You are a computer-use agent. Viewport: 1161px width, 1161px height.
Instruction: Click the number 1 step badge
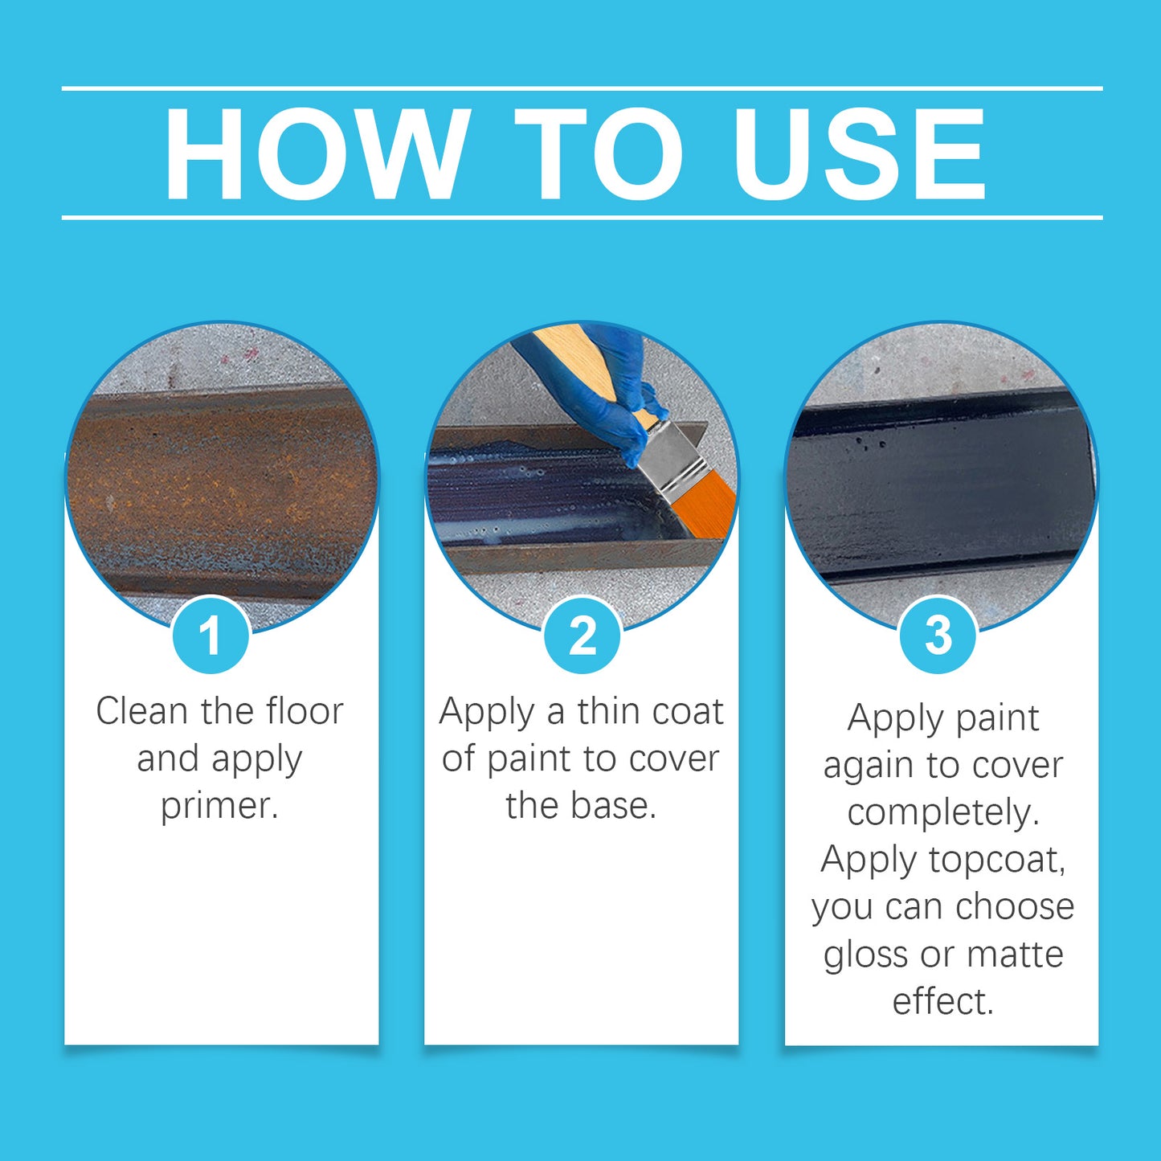211,636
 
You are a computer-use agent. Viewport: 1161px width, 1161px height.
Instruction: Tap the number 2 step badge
582,636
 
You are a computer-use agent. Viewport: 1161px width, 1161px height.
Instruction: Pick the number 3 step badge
938,636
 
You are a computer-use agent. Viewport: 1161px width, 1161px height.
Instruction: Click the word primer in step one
219,806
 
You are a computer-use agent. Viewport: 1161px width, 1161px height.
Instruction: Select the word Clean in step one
141,711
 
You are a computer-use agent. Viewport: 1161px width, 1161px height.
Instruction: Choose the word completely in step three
942,812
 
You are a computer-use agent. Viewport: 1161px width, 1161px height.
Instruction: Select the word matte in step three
1015,955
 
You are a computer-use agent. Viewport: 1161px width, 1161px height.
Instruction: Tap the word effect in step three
942,1001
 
